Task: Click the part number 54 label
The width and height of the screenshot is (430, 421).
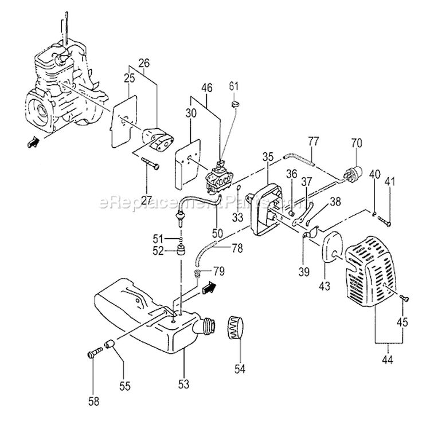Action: pyautogui.click(x=240, y=369)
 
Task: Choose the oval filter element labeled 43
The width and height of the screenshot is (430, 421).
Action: pyautogui.click(x=332, y=250)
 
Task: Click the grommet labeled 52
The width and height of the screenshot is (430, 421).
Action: pyautogui.click(x=182, y=250)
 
